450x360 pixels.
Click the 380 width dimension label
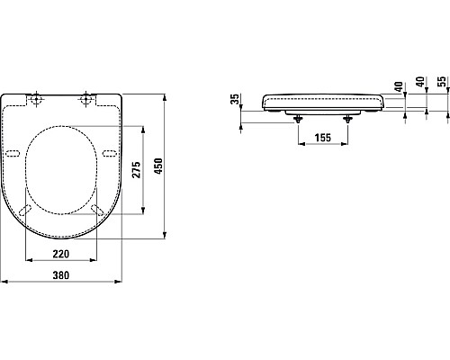[x=61, y=275]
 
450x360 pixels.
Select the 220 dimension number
[x=61, y=254]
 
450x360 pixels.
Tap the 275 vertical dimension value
[x=137, y=170]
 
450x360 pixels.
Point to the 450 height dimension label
[x=158, y=166]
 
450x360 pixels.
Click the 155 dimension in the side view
[x=323, y=138]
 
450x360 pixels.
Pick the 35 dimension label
[x=235, y=99]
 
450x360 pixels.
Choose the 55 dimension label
[x=442, y=81]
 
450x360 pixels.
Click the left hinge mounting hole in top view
[x=36, y=98]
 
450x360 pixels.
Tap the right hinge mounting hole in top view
[x=86, y=98]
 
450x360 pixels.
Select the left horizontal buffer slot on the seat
[x=13, y=153]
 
